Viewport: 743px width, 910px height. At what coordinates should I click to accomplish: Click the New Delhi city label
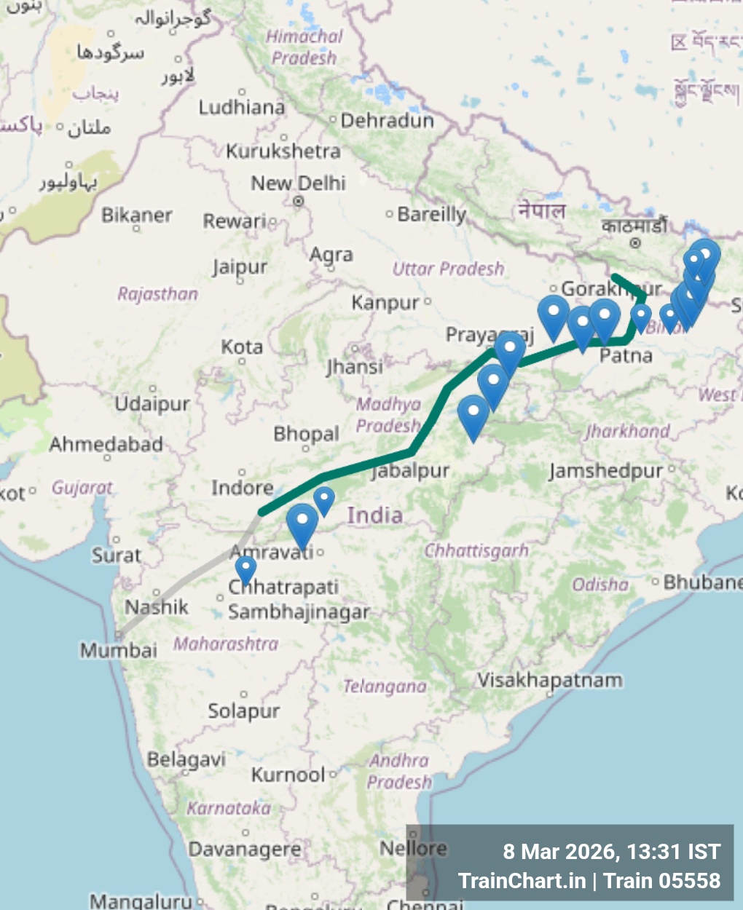pos(299,183)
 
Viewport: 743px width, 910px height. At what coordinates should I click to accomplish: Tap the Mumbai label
pos(119,650)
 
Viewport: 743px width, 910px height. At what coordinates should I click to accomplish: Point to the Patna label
pos(626,356)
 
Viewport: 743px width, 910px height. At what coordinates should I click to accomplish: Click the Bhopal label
pos(306,435)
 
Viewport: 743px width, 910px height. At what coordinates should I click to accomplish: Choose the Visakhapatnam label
pos(550,681)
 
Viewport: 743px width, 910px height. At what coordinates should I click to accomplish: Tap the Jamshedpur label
pos(606,471)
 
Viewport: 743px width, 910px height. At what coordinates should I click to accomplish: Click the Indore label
pos(243,487)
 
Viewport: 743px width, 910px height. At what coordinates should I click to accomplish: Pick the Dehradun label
pos(387,121)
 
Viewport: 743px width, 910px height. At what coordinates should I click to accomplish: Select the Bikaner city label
pos(137,215)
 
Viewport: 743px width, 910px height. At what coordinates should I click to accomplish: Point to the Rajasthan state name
pos(158,294)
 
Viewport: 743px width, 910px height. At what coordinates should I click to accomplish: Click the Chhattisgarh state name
pos(476,551)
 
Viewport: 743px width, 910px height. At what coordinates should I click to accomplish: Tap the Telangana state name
pos(385,687)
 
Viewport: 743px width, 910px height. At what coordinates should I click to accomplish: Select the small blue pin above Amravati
pos(324,499)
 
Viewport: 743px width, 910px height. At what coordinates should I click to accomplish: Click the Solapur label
pos(244,711)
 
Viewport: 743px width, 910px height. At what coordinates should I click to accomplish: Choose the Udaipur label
pos(152,404)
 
